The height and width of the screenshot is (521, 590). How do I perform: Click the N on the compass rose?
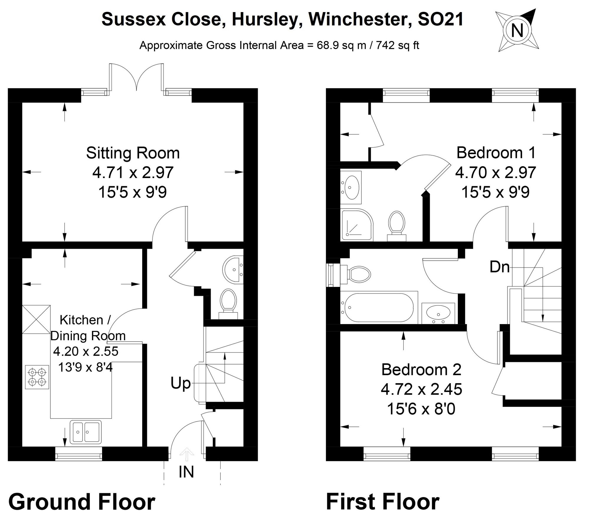517,30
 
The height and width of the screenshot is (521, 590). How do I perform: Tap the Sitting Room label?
133,153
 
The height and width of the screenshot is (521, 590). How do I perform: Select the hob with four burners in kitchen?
37,377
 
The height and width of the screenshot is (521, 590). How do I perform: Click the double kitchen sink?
85,432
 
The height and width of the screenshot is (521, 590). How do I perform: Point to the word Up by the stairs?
181,383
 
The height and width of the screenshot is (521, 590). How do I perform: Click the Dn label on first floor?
499,267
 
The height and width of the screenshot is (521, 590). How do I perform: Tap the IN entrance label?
186,472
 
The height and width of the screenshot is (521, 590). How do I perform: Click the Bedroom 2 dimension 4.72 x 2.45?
421,389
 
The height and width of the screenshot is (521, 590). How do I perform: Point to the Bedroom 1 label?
496,153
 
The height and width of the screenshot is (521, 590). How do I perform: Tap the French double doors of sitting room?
137,77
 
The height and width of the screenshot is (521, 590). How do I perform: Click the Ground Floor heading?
82,502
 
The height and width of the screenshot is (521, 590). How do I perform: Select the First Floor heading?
383,502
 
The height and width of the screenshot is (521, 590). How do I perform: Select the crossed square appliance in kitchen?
36,319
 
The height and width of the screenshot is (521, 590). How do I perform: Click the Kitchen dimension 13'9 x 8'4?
85,368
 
